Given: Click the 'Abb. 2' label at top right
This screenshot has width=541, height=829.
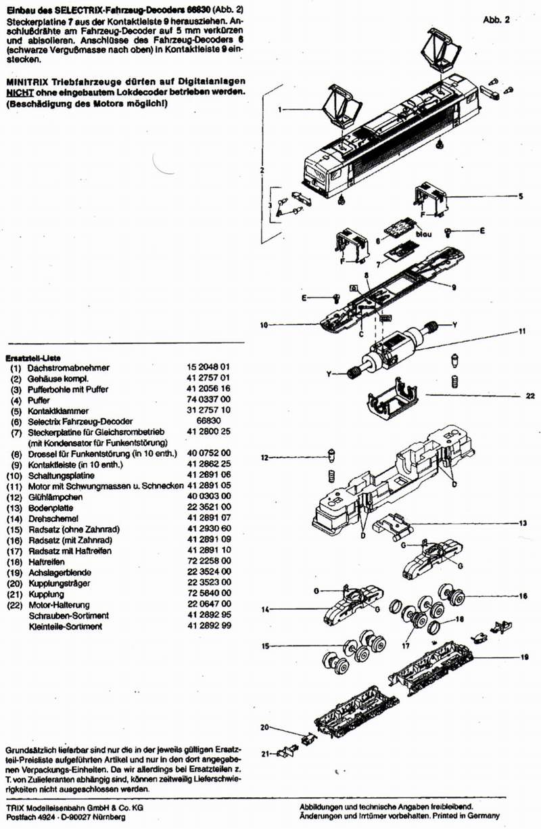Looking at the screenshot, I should click(x=496, y=20).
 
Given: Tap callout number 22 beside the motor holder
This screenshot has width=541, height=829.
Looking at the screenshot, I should click(x=530, y=397).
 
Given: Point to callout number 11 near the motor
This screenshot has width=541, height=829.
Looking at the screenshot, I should click(x=521, y=331).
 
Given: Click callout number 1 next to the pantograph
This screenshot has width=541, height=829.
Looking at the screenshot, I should click(x=279, y=109).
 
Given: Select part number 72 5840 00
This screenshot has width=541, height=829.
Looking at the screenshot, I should click(x=209, y=593).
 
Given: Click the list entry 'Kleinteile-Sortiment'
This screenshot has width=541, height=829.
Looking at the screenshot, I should click(x=65, y=627).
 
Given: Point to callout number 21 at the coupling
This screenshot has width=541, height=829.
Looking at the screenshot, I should click(x=266, y=753).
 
